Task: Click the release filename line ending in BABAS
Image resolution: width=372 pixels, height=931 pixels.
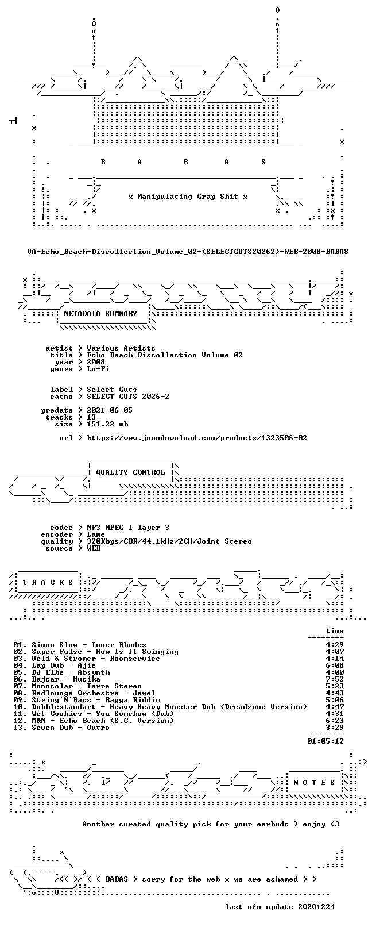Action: click(x=188, y=252)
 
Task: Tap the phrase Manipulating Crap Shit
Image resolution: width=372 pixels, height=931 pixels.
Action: click(x=188, y=197)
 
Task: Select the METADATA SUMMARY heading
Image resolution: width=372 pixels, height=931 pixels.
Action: click(x=100, y=314)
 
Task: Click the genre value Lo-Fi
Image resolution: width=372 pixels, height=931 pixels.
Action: click(x=98, y=368)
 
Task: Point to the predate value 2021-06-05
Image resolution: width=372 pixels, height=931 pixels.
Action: click(x=110, y=410)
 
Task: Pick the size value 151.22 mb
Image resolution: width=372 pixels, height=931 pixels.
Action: click(x=107, y=424)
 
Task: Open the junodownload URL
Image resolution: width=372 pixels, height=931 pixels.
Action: click(x=197, y=438)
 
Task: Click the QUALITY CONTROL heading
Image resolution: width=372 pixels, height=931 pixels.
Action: click(x=130, y=472)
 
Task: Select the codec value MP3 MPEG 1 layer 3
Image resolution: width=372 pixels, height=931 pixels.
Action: click(x=128, y=528)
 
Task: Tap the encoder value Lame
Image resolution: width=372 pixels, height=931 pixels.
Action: click(x=96, y=534)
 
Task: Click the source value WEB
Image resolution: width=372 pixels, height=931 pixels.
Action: click(x=94, y=548)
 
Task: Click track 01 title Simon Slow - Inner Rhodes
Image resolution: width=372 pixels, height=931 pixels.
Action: click(x=89, y=645)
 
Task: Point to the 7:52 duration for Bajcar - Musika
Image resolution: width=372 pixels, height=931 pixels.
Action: click(x=335, y=679)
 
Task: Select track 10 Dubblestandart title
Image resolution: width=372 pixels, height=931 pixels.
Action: click(x=169, y=706)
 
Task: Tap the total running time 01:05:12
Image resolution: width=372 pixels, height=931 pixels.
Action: click(x=325, y=741)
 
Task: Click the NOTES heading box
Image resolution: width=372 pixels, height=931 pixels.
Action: click(x=314, y=783)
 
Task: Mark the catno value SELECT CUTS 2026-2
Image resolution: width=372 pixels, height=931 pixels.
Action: click(x=128, y=397)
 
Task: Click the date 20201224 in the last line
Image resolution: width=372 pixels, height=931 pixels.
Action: click(x=316, y=906)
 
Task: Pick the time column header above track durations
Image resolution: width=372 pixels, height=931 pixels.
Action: click(x=335, y=631)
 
